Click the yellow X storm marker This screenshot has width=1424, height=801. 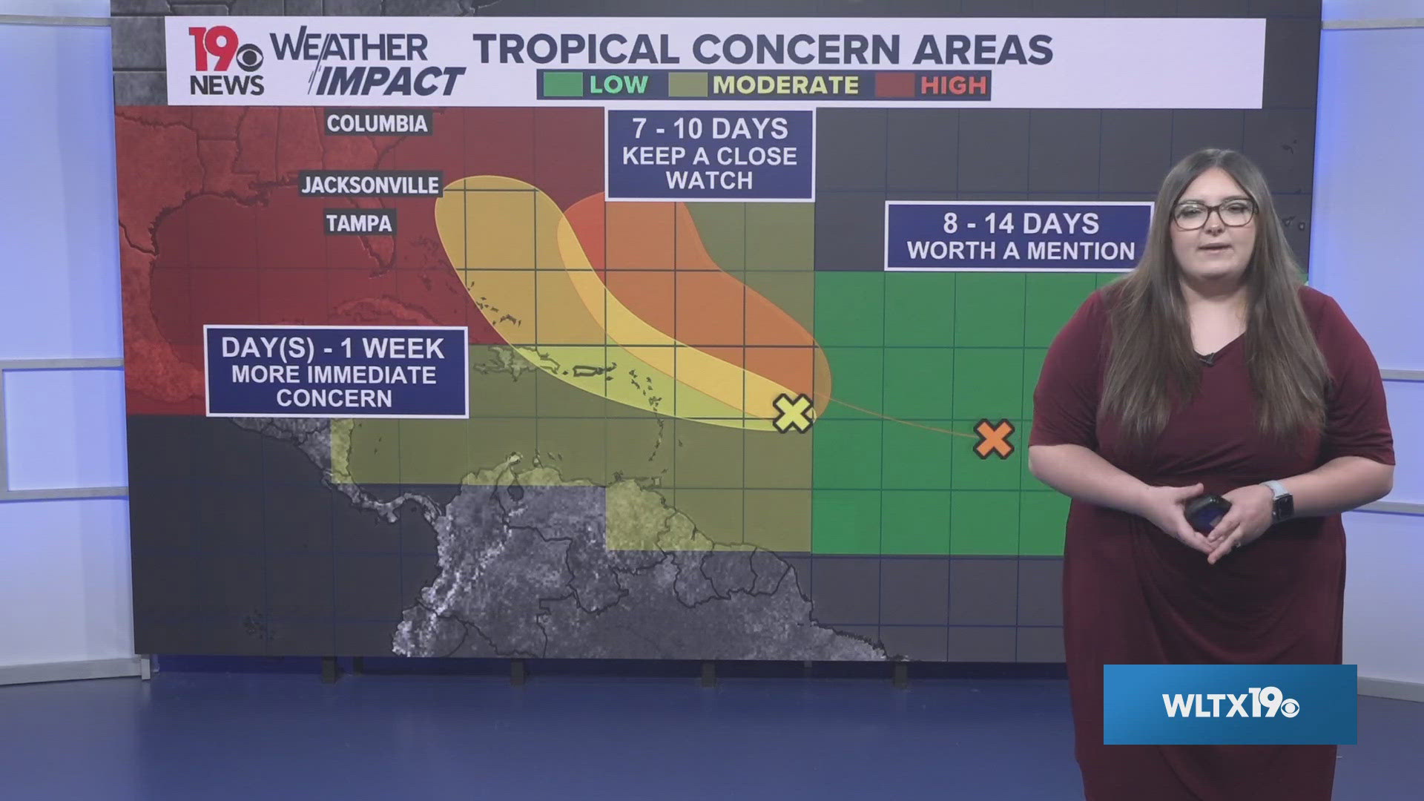click(x=793, y=413)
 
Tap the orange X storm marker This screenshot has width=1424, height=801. click(x=994, y=438)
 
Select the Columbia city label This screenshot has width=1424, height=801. click(x=378, y=123)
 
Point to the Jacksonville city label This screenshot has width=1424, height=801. click(x=370, y=185)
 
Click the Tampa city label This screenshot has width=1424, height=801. click(x=359, y=222)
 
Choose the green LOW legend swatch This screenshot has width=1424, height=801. click(x=562, y=85)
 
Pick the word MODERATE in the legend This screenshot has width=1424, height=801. click(x=785, y=85)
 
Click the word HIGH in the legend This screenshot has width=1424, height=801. click(x=953, y=85)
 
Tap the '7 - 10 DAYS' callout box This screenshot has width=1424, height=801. click(x=710, y=154)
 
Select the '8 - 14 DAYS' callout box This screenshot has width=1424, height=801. click(x=1020, y=237)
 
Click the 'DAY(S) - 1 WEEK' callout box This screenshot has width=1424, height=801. click(x=336, y=372)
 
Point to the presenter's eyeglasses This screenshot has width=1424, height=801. click(x=1213, y=214)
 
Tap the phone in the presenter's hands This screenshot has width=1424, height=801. click(x=1207, y=512)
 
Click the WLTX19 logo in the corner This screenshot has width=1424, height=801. click(x=1230, y=705)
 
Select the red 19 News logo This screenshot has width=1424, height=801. click(x=225, y=62)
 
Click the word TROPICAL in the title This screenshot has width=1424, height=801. click(x=576, y=50)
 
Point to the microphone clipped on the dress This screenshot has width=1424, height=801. click(x=1208, y=359)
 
